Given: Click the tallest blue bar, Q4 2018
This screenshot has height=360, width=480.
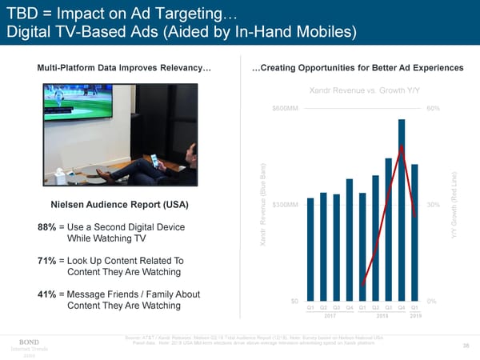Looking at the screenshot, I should [401, 208].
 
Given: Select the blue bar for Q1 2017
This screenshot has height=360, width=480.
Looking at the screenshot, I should [310, 247].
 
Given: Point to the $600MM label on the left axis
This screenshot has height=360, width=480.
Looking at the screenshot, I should [286, 109].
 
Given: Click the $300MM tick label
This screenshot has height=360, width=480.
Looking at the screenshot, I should [286, 205].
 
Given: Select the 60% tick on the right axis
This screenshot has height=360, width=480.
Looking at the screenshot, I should [432, 109].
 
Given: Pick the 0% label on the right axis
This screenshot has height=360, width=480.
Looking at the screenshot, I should [431, 301].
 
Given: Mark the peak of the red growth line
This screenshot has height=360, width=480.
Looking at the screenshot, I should [401, 146].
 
